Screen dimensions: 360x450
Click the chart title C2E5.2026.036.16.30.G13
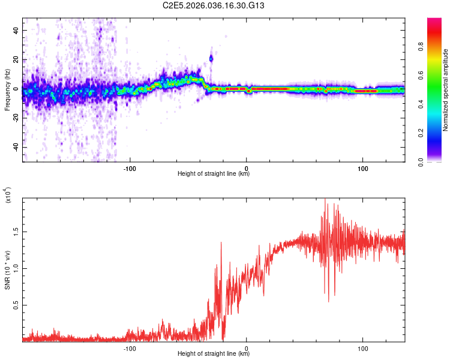click(x=214, y=5)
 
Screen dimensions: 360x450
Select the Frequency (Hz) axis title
click(x=7, y=89)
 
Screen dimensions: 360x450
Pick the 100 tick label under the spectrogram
click(x=362, y=168)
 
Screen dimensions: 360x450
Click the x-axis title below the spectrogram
click(x=214, y=174)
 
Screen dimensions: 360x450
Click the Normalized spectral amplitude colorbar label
click(x=446, y=89)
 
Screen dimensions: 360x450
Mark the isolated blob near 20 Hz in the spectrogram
click(x=211, y=58)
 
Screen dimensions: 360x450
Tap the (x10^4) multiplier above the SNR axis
click(x=8, y=194)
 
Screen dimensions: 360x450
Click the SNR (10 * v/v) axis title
click(x=8, y=268)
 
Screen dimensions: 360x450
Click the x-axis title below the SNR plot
click(x=214, y=354)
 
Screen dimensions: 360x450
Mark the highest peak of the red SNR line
click(x=325, y=199)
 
